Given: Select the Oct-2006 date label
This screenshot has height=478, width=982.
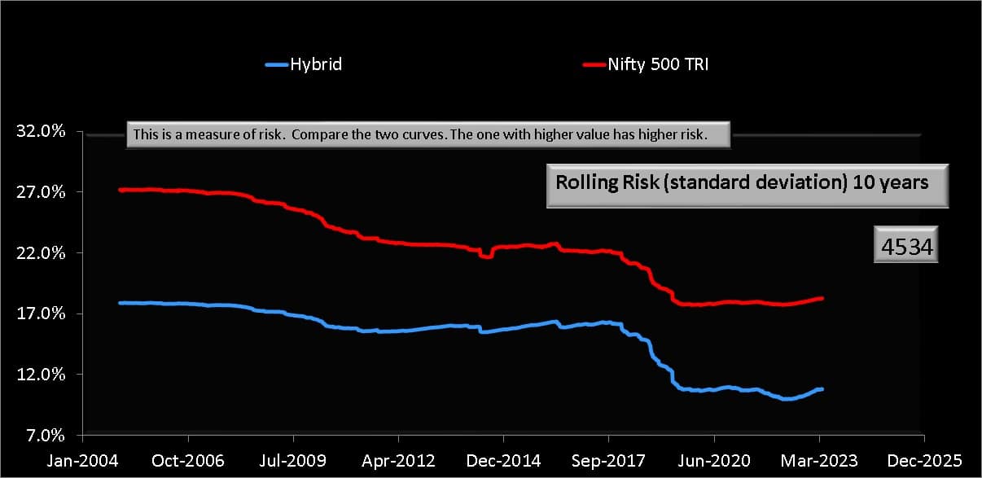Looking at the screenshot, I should click(x=188, y=460).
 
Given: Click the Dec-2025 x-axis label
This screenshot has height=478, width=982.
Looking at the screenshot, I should click(x=923, y=460).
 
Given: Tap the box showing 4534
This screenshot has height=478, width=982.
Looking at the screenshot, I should click(x=907, y=244).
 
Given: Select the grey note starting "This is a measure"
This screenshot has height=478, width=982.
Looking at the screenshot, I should click(x=428, y=135).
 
